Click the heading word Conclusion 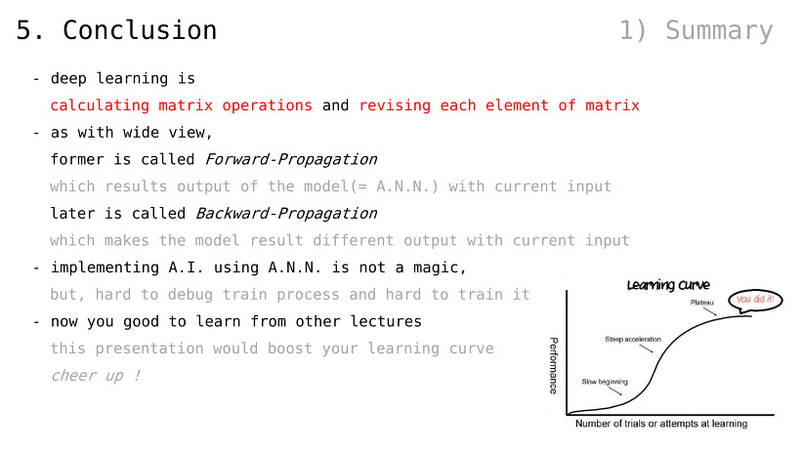point(140,30)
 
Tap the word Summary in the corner point(719,31)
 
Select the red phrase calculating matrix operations point(182,105)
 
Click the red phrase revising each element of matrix point(499,105)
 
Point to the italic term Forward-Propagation point(291,160)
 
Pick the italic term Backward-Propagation point(286,214)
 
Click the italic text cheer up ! point(96,376)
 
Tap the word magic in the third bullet point(440,267)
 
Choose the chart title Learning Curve point(668,285)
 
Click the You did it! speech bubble point(755,300)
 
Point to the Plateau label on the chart point(702,303)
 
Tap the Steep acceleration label point(633,340)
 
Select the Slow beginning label point(605,382)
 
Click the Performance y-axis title point(553,365)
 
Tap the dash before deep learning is point(36,79)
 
